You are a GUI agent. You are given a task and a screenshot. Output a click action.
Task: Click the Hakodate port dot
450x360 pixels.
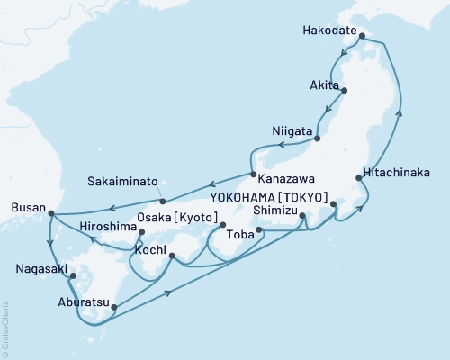point(362,38)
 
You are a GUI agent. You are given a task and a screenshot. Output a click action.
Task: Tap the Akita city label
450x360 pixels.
point(323,85)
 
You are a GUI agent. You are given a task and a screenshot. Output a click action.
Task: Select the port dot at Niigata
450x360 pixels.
point(317,138)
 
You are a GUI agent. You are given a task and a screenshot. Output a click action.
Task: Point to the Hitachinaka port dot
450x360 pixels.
point(360,179)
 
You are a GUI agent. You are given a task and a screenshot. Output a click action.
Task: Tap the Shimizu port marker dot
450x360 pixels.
point(301,215)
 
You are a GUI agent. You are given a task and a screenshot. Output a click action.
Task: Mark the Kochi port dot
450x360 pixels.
point(171,256)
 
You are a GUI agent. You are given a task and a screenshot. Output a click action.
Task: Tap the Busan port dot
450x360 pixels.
point(50,213)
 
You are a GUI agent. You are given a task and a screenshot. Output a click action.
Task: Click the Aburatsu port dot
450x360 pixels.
point(113,307)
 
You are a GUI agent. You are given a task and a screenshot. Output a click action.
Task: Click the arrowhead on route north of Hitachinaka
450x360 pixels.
point(400,112)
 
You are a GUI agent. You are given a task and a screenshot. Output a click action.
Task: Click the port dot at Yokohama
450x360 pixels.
point(334,204)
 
